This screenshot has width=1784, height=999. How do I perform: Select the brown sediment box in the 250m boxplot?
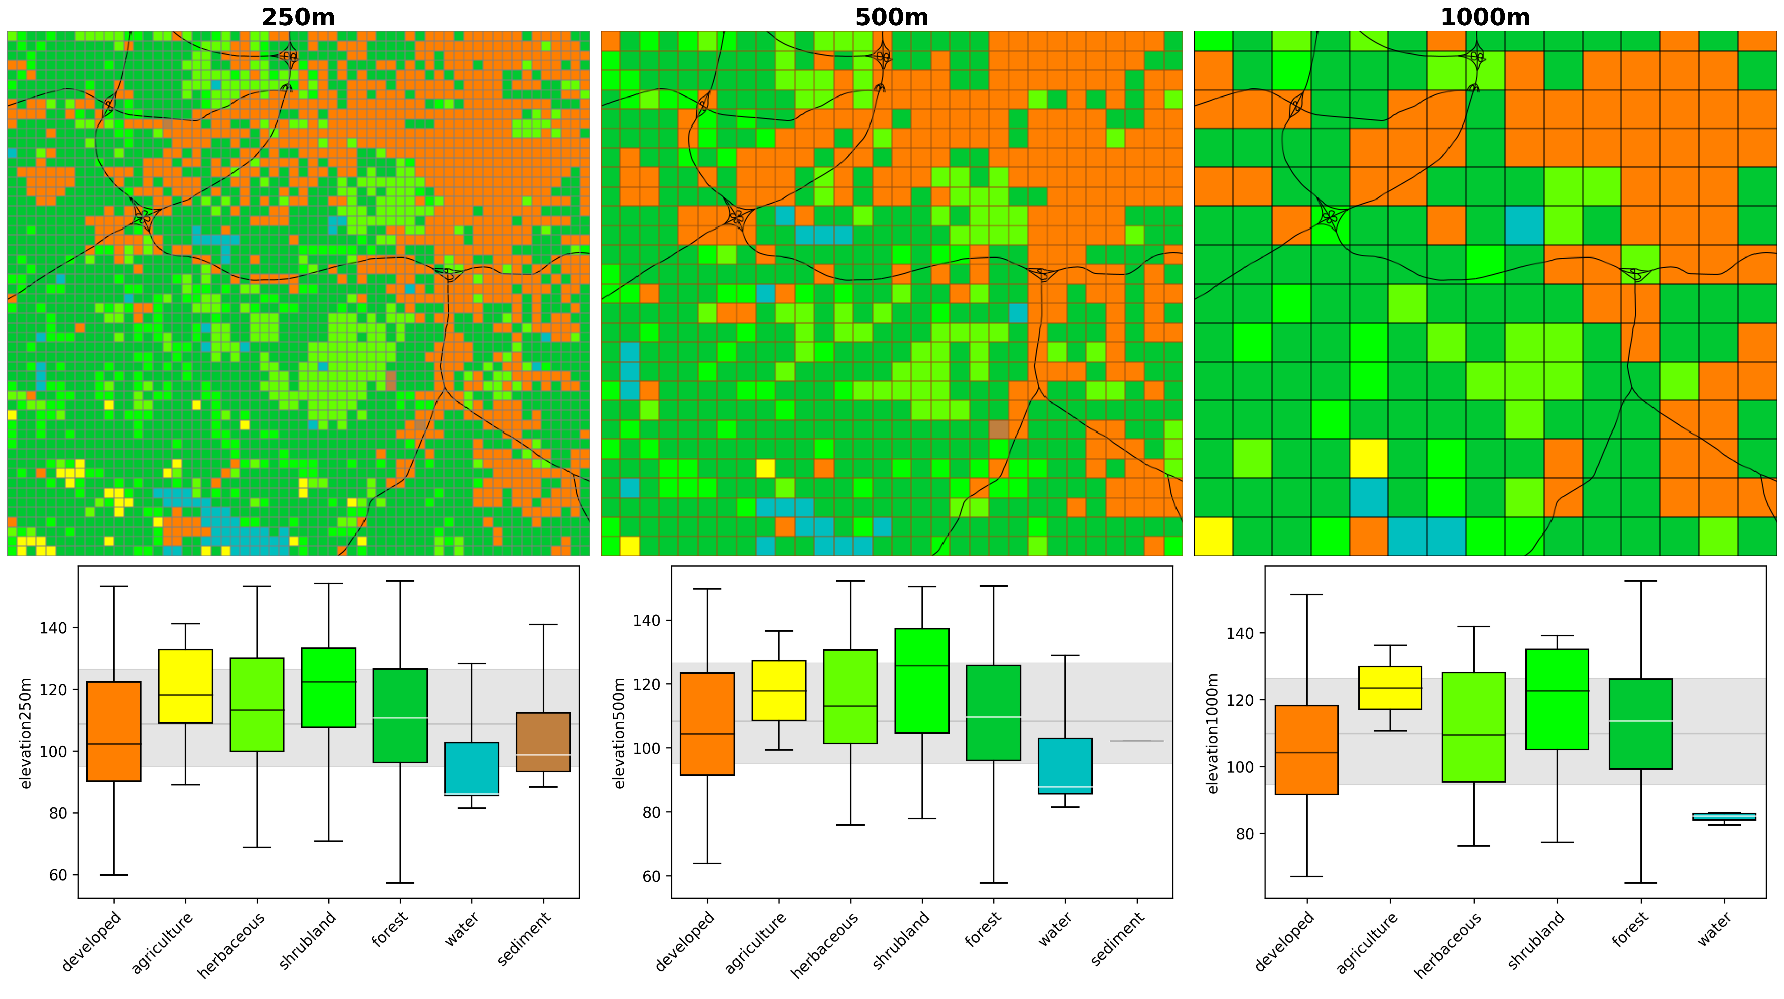pyautogui.click(x=543, y=741)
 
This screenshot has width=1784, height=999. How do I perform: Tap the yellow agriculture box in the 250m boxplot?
pyautogui.click(x=185, y=686)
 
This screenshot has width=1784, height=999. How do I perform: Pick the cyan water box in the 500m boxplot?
pyautogui.click(x=1065, y=766)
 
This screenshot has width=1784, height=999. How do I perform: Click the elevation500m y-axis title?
pyautogui.click(x=619, y=733)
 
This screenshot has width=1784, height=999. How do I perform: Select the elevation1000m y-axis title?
pyautogui.click(x=1213, y=733)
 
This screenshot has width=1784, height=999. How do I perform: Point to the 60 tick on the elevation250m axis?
pyautogui.click(x=58, y=875)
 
